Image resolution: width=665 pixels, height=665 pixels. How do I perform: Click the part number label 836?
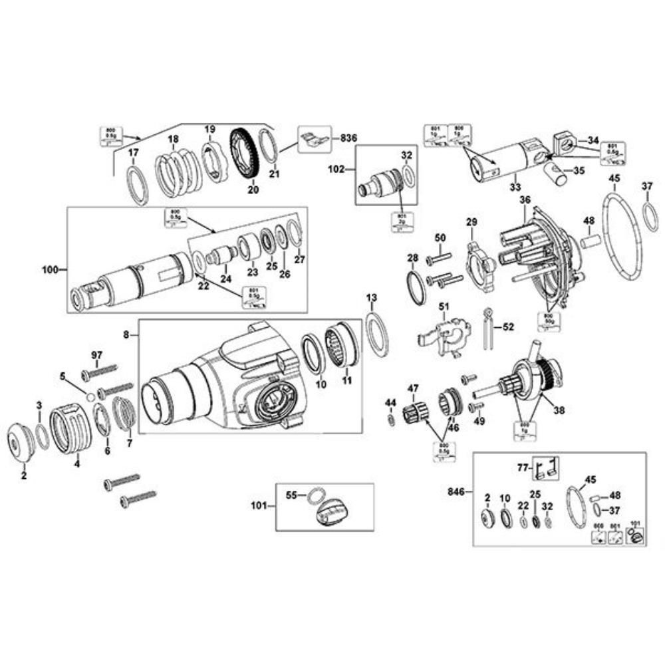pos(348,138)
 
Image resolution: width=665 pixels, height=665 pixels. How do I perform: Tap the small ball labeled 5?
pos(90,397)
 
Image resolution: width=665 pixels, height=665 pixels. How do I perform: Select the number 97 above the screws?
pos(98,356)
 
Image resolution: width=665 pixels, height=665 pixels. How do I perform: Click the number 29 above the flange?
pos(471,221)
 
